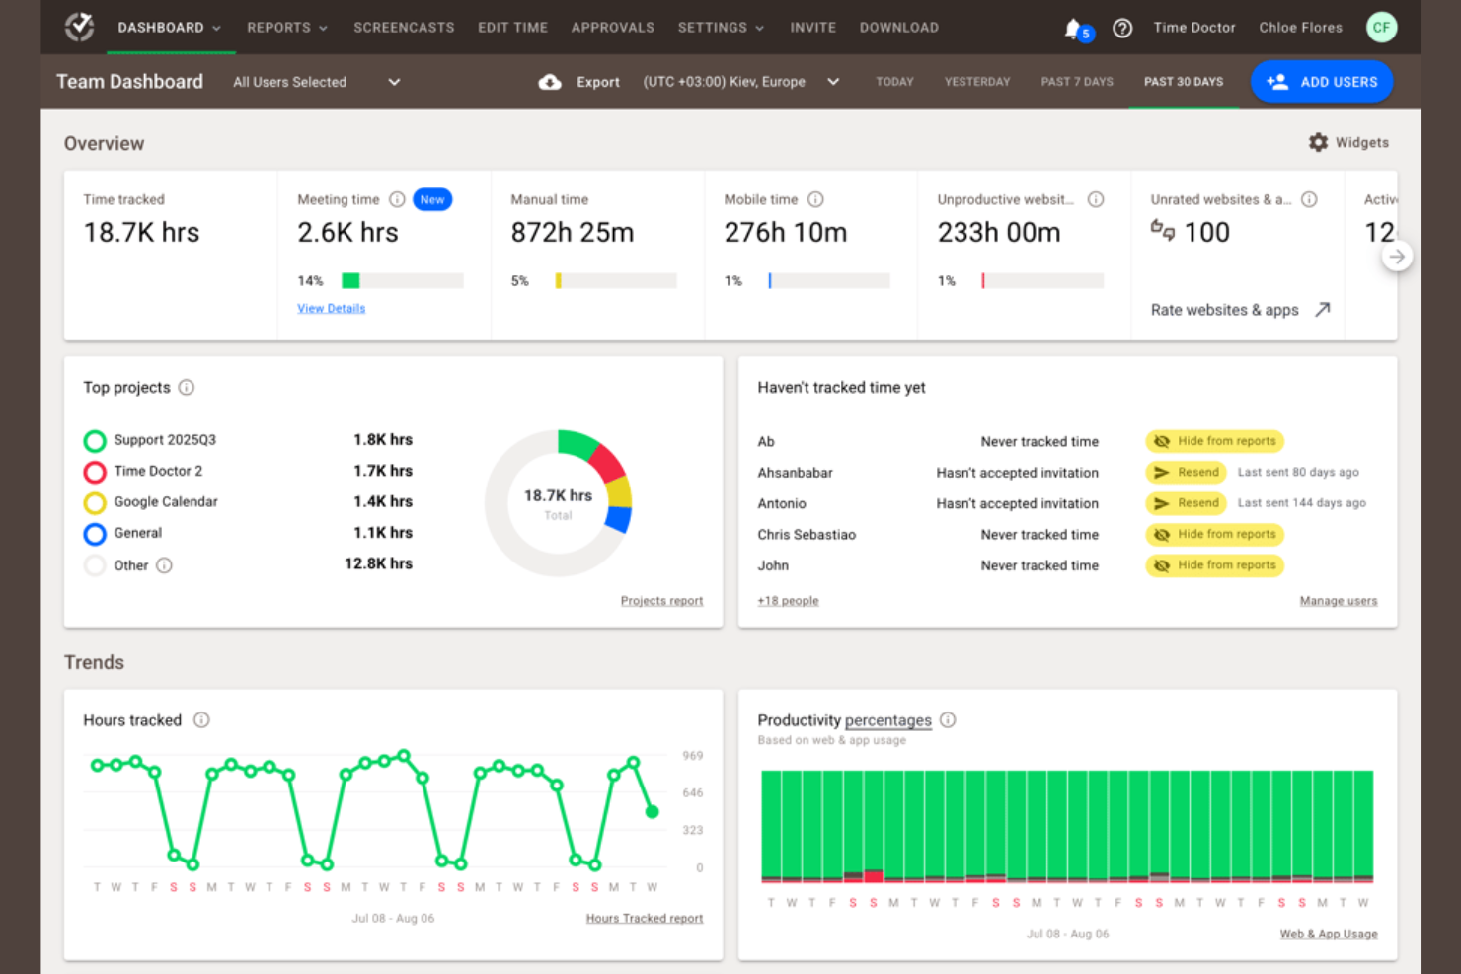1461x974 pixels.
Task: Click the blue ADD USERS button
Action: (x=1321, y=82)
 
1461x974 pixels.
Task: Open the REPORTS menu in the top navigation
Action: (x=286, y=28)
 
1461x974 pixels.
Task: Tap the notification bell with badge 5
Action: (x=1074, y=29)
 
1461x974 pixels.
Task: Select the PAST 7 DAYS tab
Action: (x=1076, y=82)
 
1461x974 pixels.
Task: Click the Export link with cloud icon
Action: (x=579, y=82)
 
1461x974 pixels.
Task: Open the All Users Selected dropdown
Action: (x=316, y=82)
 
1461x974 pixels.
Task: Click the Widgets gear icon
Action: (x=1318, y=143)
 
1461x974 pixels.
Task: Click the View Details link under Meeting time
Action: (x=331, y=309)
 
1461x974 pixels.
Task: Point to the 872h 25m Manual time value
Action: (x=572, y=233)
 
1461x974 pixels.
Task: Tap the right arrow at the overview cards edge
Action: (x=1396, y=257)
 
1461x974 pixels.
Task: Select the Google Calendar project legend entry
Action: (x=165, y=502)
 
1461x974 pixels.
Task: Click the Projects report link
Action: (x=661, y=601)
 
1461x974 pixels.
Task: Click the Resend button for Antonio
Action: (x=1186, y=503)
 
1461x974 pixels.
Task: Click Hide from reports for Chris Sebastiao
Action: (x=1214, y=535)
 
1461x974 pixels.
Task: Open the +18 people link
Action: (x=788, y=601)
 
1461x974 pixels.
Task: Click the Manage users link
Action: (x=1338, y=601)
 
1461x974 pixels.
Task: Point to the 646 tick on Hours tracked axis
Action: (x=692, y=793)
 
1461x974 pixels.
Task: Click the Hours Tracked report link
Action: (x=644, y=919)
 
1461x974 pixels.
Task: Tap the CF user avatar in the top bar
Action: (x=1381, y=28)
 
